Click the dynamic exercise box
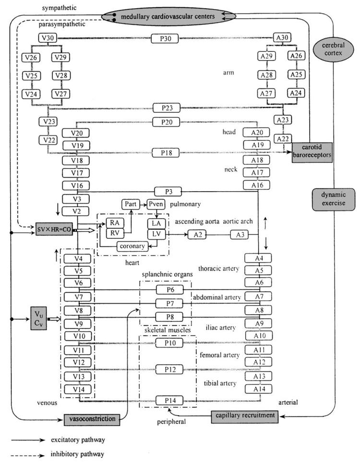click(x=330, y=197)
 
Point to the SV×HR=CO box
click(x=53, y=226)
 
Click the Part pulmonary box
click(x=130, y=204)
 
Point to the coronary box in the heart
click(x=131, y=246)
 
